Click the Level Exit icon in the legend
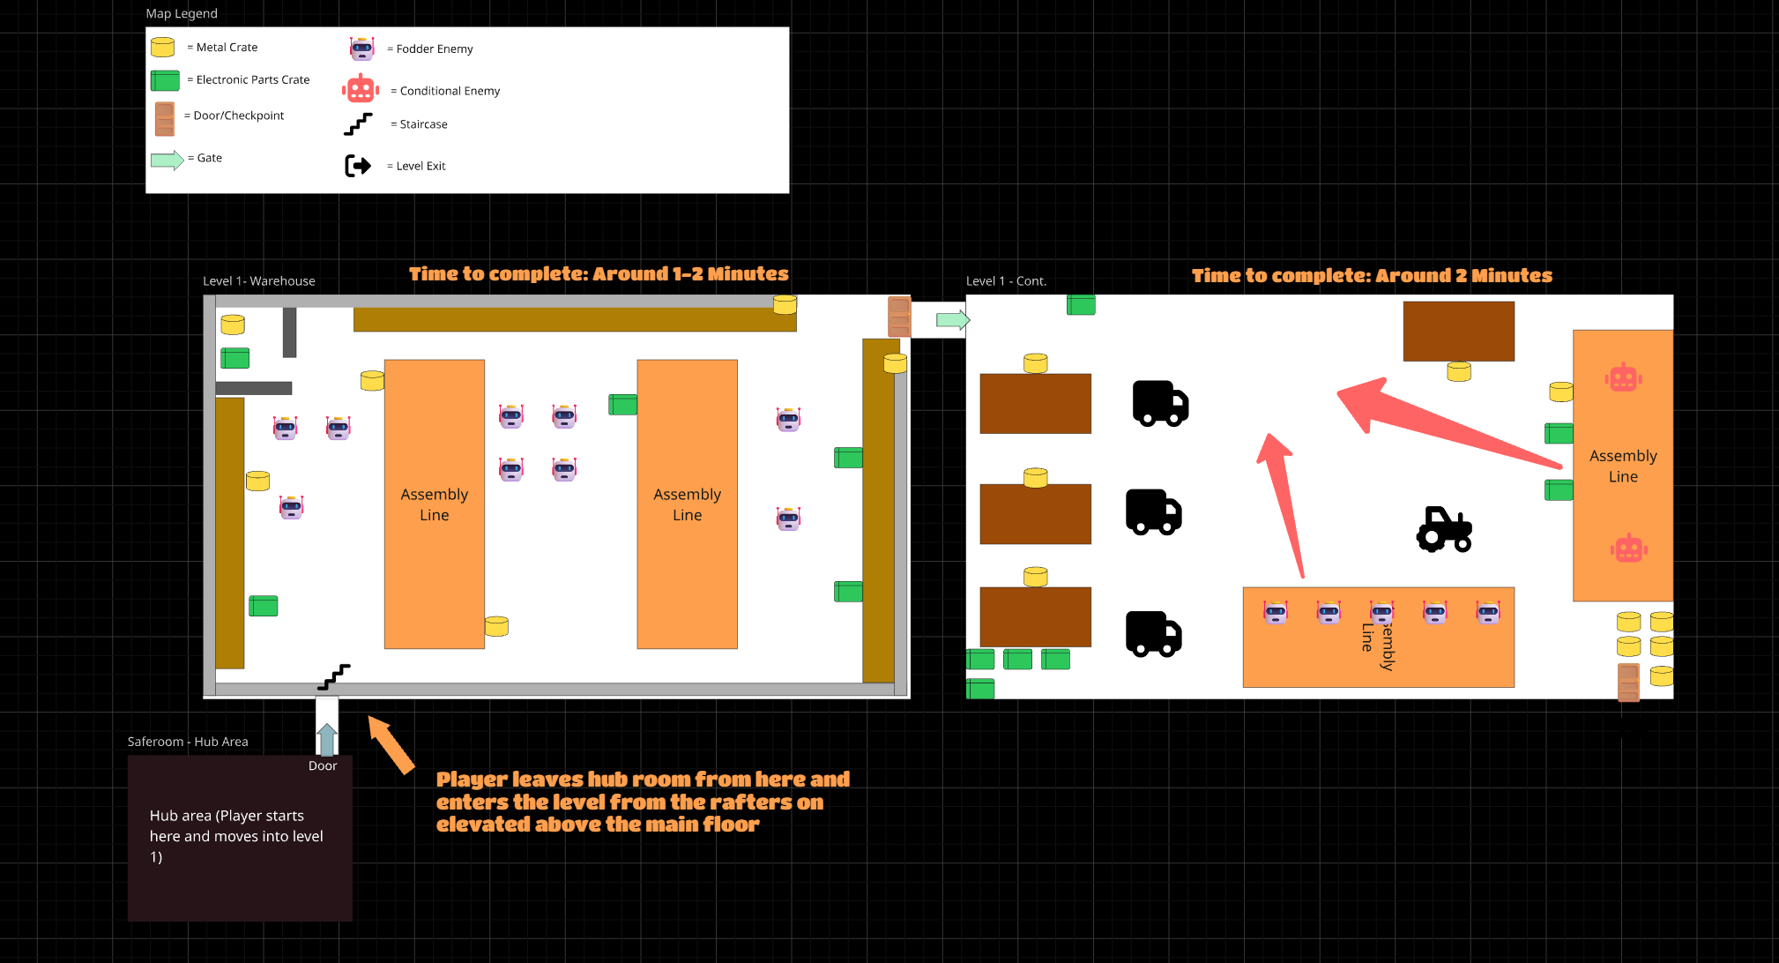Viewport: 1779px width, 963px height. [x=358, y=166]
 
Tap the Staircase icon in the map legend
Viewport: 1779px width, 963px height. [x=358, y=124]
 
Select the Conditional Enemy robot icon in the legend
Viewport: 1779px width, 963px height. [x=361, y=90]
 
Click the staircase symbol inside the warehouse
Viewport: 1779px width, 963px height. [x=334, y=676]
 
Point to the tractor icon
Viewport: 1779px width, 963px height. [x=1444, y=529]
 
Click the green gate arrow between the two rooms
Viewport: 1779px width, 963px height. [x=952, y=320]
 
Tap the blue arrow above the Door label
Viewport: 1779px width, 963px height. [x=327, y=739]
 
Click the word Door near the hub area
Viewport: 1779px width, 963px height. [x=323, y=765]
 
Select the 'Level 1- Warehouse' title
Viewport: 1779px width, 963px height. [x=258, y=281]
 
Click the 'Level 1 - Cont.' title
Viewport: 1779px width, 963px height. [x=1006, y=281]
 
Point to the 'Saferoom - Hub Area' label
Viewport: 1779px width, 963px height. [x=188, y=742]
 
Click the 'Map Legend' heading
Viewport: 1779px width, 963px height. [x=182, y=13]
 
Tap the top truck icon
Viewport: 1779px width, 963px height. [x=1160, y=404]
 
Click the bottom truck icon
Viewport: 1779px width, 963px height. [x=1153, y=634]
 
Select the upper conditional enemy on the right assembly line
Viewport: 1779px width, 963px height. [x=1623, y=378]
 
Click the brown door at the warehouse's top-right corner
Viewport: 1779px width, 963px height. [x=898, y=317]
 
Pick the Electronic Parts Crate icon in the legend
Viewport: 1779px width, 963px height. [x=165, y=80]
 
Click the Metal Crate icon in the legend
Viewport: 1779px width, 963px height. [x=162, y=47]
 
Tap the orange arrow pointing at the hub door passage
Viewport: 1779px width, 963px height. [x=391, y=744]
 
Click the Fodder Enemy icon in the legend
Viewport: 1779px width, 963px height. [x=361, y=49]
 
